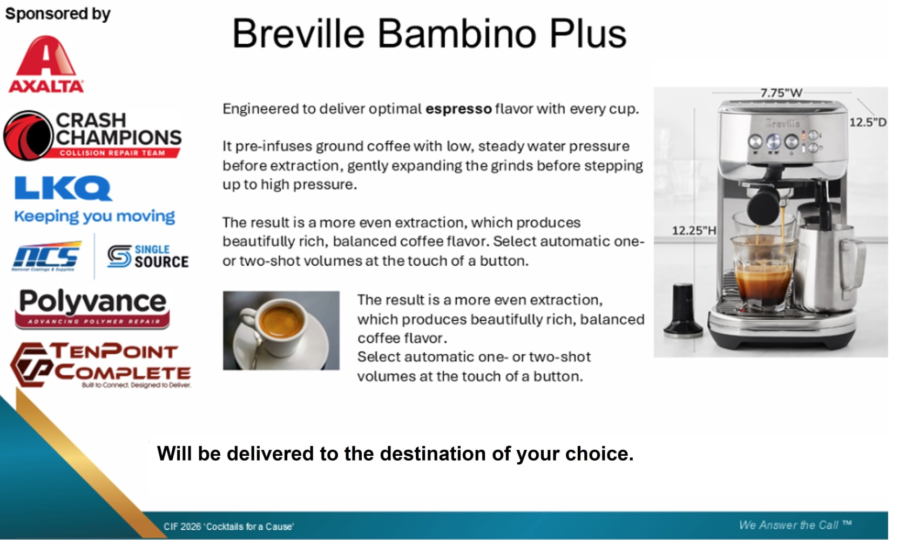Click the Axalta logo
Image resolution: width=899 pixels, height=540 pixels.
[x=46, y=64]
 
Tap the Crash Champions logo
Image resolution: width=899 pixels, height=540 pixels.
[x=92, y=136]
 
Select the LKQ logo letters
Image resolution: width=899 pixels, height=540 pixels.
[x=63, y=188]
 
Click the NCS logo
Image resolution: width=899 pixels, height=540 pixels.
[x=46, y=256]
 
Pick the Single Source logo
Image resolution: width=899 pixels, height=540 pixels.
[x=148, y=256]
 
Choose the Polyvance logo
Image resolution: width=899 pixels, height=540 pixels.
[x=92, y=308]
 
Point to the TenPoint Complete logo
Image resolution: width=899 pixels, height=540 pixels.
[x=100, y=365]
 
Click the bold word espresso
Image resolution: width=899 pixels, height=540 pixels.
[x=458, y=109]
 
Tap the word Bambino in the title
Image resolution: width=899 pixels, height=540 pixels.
[x=457, y=33]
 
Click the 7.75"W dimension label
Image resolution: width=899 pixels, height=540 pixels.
[x=781, y=93]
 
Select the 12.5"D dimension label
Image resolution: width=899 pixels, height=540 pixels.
[x=868, y=123]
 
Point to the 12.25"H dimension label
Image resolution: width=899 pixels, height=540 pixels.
[x=694, y=231]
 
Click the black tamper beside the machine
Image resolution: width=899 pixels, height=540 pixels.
[x=682, y=310]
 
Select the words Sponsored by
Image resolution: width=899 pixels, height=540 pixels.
[x=58, y=14]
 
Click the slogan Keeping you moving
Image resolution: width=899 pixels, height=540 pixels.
[x=94, y=216]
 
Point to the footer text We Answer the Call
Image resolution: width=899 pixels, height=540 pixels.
[x=795, y=525]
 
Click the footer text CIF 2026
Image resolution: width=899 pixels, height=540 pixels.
[x=182, y=526]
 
